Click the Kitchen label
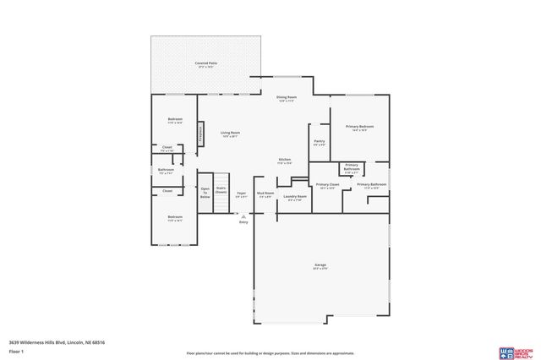286,160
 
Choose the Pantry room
319,142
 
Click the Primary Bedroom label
359,127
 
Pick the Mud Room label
265,194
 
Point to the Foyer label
241,194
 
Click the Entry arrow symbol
243,215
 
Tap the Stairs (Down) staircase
221,191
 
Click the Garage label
320,265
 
